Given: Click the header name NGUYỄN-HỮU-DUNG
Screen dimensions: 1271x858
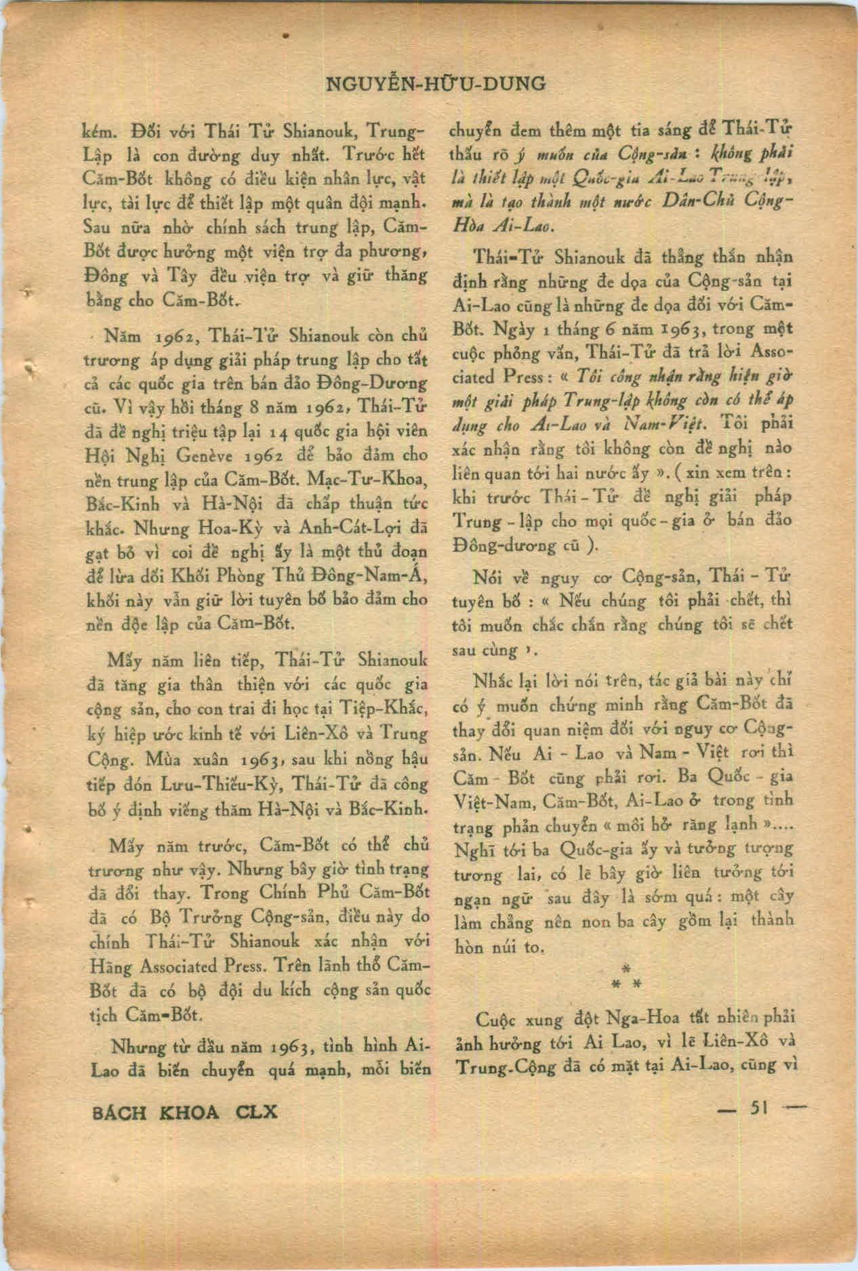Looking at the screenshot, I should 436,84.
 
